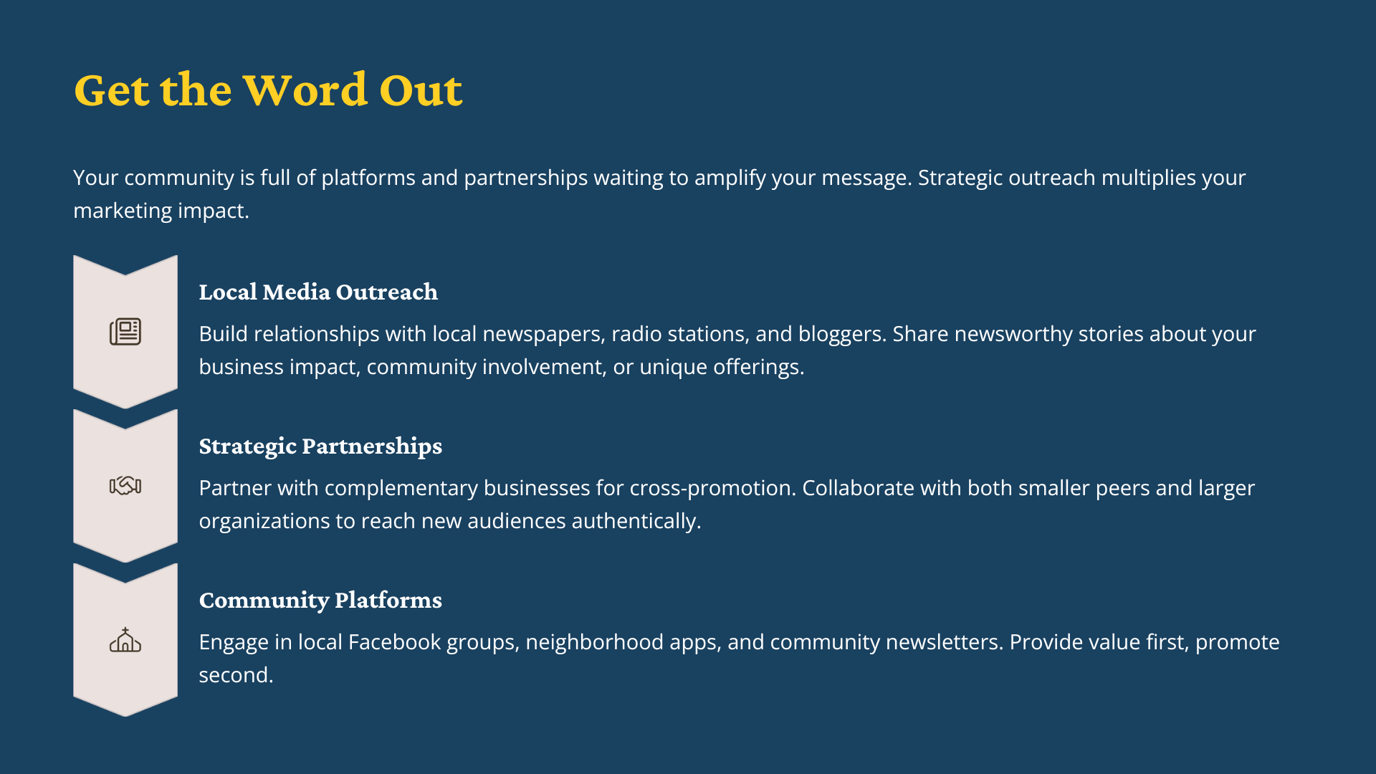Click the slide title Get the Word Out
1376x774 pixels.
pyautogui.click(x=268, y=90)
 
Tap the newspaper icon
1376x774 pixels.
pyautogui.click(x=125, y=332)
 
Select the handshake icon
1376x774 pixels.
pyautogui.click(x=125, y=486)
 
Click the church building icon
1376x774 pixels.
pyautogui.click(x=125, y=640)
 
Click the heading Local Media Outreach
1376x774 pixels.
pyautogui.click(x=318, y=292)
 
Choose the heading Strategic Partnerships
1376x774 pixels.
pyautogui.click(x=320, y=446)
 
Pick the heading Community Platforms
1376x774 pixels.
pyautogui.click(x=320, y=601)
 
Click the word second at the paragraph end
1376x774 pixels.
pyautogui.click(x=235, y=675)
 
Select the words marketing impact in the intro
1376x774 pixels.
pyautogui.click(x=161, y=211)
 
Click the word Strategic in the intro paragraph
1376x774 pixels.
pyautogui.click(x=960, y=178)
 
